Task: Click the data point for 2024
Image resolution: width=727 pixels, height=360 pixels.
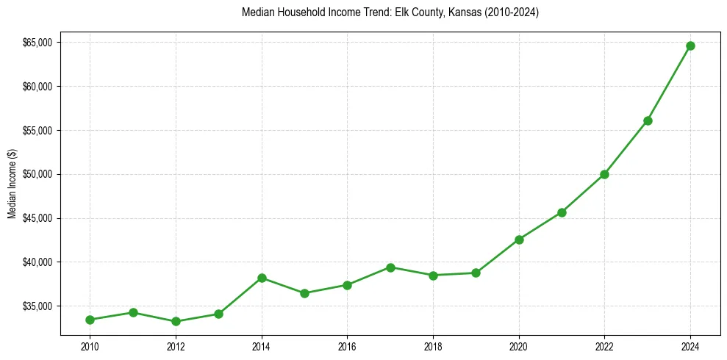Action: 690,46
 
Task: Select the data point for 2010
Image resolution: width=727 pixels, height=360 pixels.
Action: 90,320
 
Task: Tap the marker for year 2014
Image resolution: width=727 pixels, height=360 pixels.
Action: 262,278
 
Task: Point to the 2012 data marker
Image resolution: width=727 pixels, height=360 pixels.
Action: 176,321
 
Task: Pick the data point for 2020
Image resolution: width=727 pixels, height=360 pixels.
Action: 519,240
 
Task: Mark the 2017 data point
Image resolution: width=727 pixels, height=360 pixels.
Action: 390,267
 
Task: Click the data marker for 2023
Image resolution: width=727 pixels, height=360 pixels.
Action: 648,120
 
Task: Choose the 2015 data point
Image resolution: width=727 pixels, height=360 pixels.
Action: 304,293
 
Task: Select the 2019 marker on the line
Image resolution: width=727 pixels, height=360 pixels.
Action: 476,273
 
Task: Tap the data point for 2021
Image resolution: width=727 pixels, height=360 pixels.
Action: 562,212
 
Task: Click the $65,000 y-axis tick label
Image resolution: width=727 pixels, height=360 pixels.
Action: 37,43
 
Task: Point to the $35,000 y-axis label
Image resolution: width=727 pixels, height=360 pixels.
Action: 37,306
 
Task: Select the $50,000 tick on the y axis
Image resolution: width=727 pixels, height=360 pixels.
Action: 37,174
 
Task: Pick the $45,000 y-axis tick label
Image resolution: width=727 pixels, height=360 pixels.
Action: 37,218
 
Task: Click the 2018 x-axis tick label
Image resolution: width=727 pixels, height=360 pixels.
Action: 433,346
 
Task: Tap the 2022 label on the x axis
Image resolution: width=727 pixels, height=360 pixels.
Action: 604,346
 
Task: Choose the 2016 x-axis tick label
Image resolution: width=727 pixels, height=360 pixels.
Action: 347,346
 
